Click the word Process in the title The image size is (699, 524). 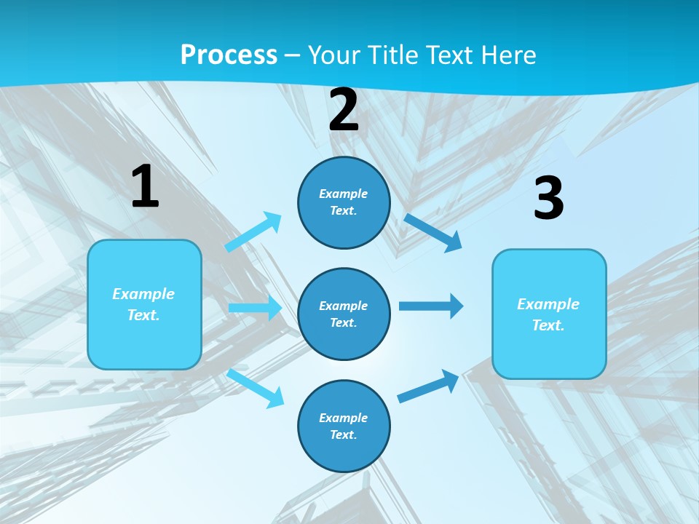(x=229, y=55)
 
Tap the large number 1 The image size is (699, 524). (x=145, y=187)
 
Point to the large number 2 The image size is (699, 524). (x=344, y=110)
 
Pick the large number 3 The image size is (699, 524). (x=548, y=199)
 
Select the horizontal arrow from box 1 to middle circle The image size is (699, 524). (x=255, y=308)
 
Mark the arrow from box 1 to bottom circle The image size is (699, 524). (x=256, y=388)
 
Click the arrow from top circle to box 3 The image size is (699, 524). (x=433, y=232)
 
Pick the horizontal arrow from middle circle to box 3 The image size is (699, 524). (x=430, y=306)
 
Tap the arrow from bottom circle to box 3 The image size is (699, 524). (x=428, y=386)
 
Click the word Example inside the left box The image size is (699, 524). (x=143, y=294)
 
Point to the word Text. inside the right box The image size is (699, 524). (x=548, y=325)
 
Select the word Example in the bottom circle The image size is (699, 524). (x=344, y=418)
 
